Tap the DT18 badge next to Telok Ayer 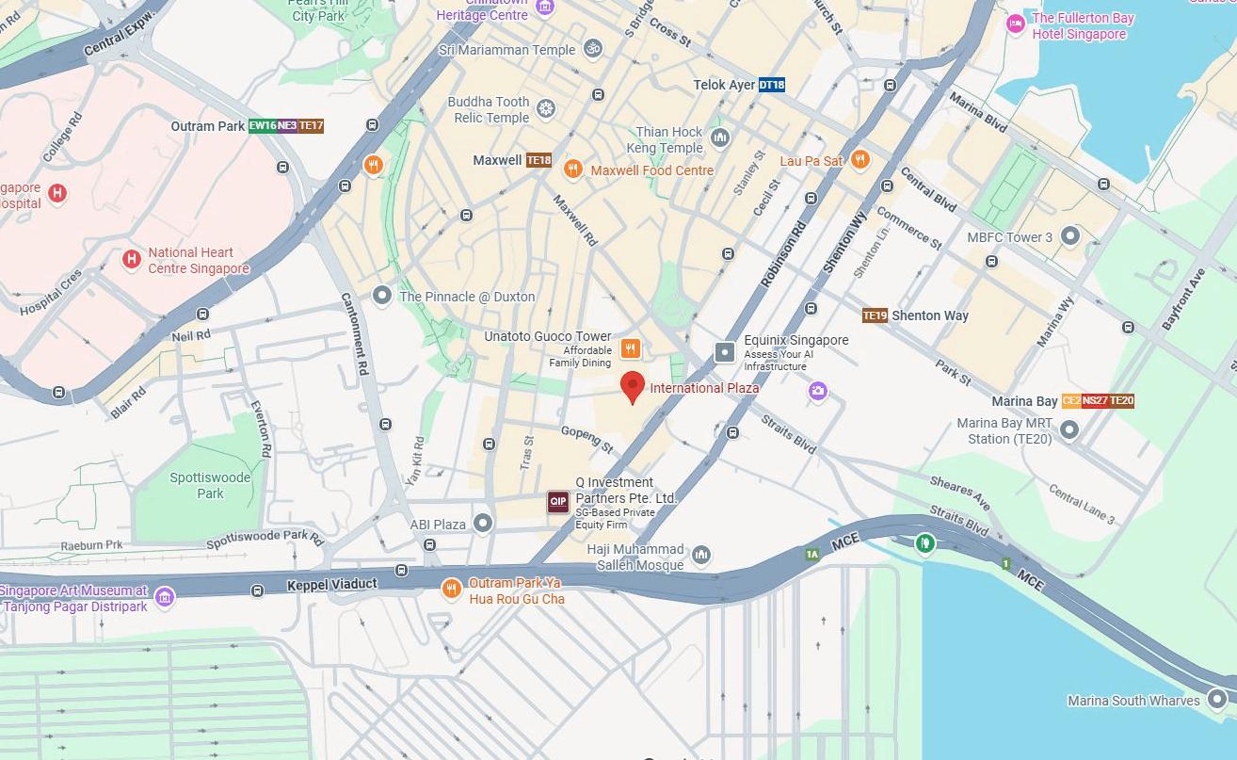[771, 85]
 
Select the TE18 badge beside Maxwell [538, 160]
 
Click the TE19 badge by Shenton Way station [875, 315]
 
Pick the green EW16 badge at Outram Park [262, 125]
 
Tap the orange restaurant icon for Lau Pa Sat [859, 160]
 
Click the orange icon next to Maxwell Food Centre [572, 170]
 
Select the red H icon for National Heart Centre [132, 258]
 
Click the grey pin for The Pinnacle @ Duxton [381, 296]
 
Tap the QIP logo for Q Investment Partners [558, 502]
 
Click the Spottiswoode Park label [210, 485]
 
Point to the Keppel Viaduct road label [331, 585]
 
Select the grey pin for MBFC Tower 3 [1070, 235]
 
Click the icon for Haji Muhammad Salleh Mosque [701, 556]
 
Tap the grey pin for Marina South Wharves [1216, 699]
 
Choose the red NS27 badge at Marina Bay [1094, 401]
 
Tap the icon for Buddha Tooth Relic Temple [545, 109]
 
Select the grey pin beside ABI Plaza [483, 523]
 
